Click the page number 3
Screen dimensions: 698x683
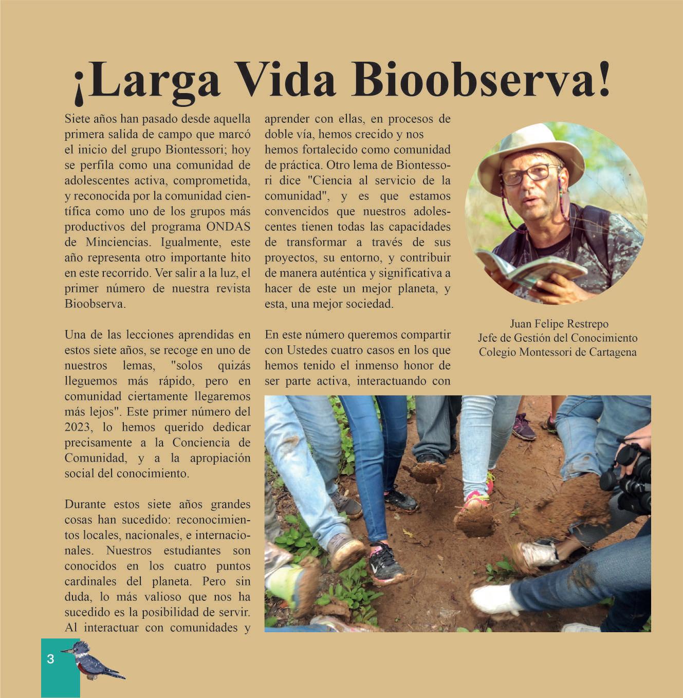(x=50, y=659)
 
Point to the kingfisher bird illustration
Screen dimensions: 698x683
(x=95, y=663)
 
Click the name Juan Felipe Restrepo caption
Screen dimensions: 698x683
(x=559, y=324)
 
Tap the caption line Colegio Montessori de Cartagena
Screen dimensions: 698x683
(x=558, y=352)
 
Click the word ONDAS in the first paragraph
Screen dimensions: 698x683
(x=228, y=227)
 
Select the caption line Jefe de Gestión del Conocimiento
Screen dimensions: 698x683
(x=558, y=338)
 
